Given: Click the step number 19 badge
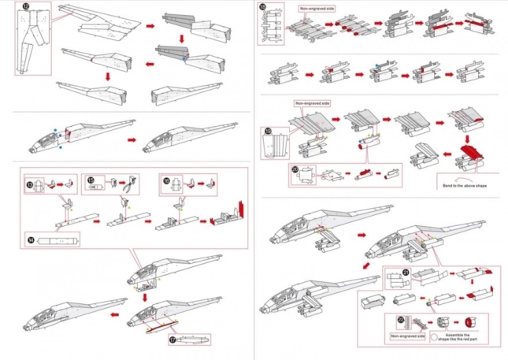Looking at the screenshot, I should click(x=269, y=132).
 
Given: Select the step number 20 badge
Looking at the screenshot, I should click(x=295, y=168).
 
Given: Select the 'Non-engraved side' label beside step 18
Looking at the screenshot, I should click(x=315, y=9).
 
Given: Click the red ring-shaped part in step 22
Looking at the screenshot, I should click(x=473, y=322).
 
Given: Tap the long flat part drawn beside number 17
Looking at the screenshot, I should click(x=195, y=340).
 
